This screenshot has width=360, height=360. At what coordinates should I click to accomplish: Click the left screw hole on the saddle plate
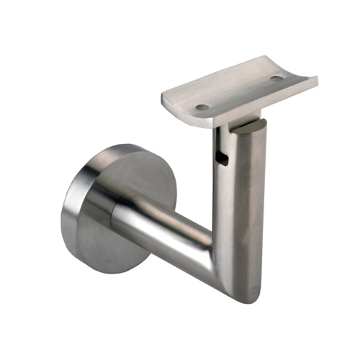point(202,107)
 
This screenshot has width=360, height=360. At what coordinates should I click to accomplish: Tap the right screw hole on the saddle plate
point(277,78)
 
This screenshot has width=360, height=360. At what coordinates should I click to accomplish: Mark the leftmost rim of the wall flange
point(63,209)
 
